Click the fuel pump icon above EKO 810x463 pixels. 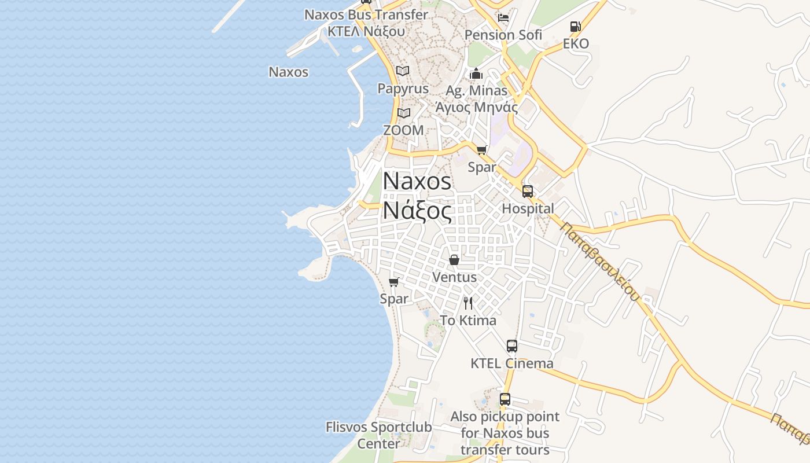click(x=575, y=27)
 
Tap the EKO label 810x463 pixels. click(x=576, y=44)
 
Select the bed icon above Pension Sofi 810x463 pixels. click(x=503, y=17)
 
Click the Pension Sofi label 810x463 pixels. click(x=503, y=35)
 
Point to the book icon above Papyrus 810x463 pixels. click(x=403, y=71)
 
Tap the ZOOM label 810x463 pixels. click(x=403, y=130)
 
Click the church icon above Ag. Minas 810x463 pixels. click(x=476, y=74)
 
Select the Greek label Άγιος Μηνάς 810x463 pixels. click(x=476, y=107)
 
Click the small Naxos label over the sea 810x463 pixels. click(x=289, y=72)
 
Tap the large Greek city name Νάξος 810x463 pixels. click(x=417, y=211)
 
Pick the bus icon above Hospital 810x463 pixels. click(x=528, y=192)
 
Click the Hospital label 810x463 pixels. click(x=528, y=208)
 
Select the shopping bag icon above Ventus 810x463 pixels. click(x=454, y=260)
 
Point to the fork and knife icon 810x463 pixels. click(x=468, y=303)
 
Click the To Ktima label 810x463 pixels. click(x=468, y=321)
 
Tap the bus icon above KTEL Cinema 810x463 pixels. click(x=512, y=346)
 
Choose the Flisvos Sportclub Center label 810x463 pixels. click(x=378, y=435)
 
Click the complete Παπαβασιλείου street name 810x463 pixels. click(x=601, y=262)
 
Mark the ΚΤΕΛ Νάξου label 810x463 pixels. click(x=366, y=31)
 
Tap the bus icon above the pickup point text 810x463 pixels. click(x=505, y=399)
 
